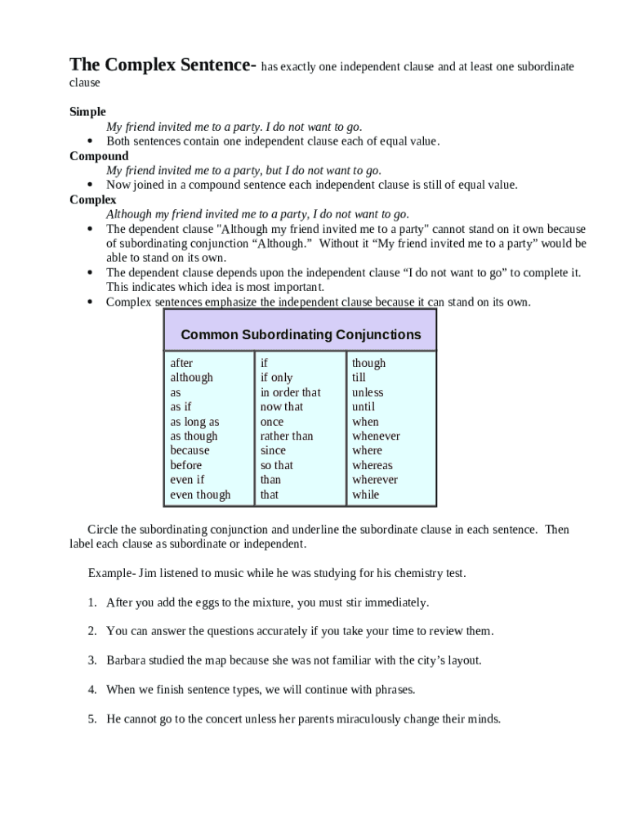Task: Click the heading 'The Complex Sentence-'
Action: [163, 65]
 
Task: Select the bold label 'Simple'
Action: [87, 112]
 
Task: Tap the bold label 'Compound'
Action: [99, 156]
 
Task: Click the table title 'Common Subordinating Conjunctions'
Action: [301, 334]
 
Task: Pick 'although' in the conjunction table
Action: [191, 378]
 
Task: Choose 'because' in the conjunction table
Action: [190, 450]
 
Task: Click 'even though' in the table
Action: [200, 495]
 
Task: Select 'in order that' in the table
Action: [290, 392]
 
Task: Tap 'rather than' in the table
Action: [286, 436]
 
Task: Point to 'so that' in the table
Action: [276, 465]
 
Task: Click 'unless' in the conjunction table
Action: [368, 392]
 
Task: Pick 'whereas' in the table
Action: [372, 465]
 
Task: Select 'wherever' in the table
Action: [375, 480]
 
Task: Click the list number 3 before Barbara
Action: [92, 660]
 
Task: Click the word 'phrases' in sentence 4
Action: [394, 690]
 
